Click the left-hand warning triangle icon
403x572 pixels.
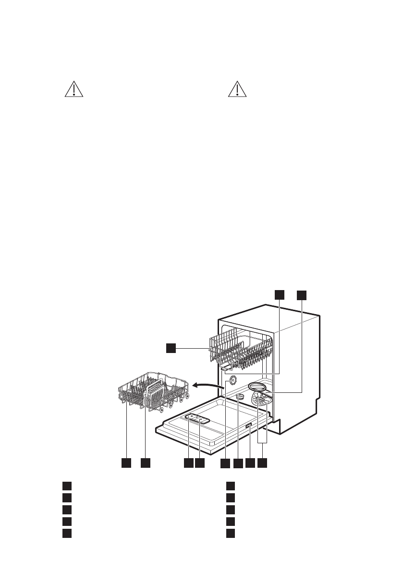pyautogui.click(x=73, y=90)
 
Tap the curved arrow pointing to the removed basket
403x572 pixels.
pyautogui.click(x=208, y=384)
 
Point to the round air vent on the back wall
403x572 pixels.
pyautogui.click(x=232, y=380)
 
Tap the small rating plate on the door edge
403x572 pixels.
pyautogui.click(x=248, y=427)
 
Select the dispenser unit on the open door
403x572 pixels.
pyautogui.click(x=197, y=419)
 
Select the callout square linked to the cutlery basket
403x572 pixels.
pyautogui.click(x=146, y=463)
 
